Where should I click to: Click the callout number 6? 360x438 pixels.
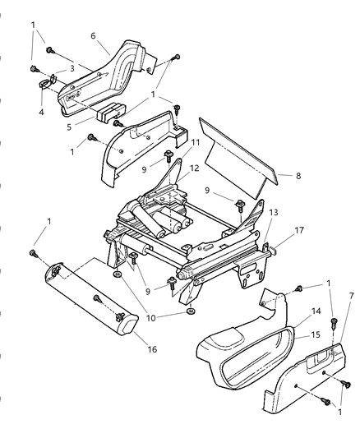tap(94, 37)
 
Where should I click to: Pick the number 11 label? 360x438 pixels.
tap(195, 142)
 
